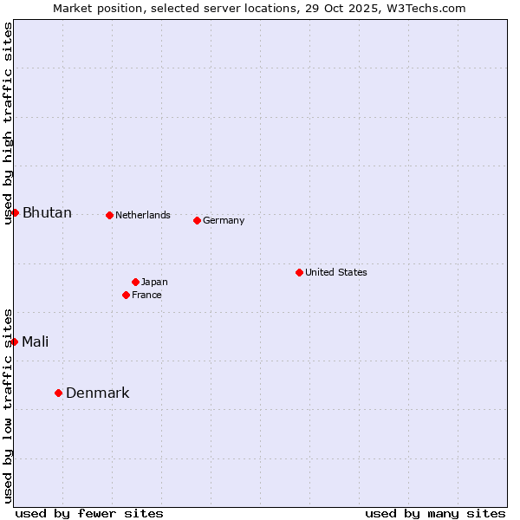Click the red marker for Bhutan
(x=15, y=212)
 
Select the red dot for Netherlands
(x=109, y=215)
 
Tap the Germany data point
(x=197, y=220)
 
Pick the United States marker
(x=299, y=272)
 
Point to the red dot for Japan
(x=135, y=282)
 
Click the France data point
(x=126, y=295)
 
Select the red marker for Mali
(x=14, y=341)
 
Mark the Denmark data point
(x=58, y=393)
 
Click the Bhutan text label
(x=47, y=213)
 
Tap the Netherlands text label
(x=143, y=215)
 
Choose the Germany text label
(x=224, y=220)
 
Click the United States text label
(x=336, y=272)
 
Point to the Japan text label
(x=154, y=282)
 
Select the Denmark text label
(x=98, y=393)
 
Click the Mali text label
(x=36, y=341)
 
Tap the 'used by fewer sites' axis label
(x=89, y=513)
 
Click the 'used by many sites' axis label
(x=435, y=513)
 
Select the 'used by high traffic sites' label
(x=8, y=123)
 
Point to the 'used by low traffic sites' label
(x=8, y=406)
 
